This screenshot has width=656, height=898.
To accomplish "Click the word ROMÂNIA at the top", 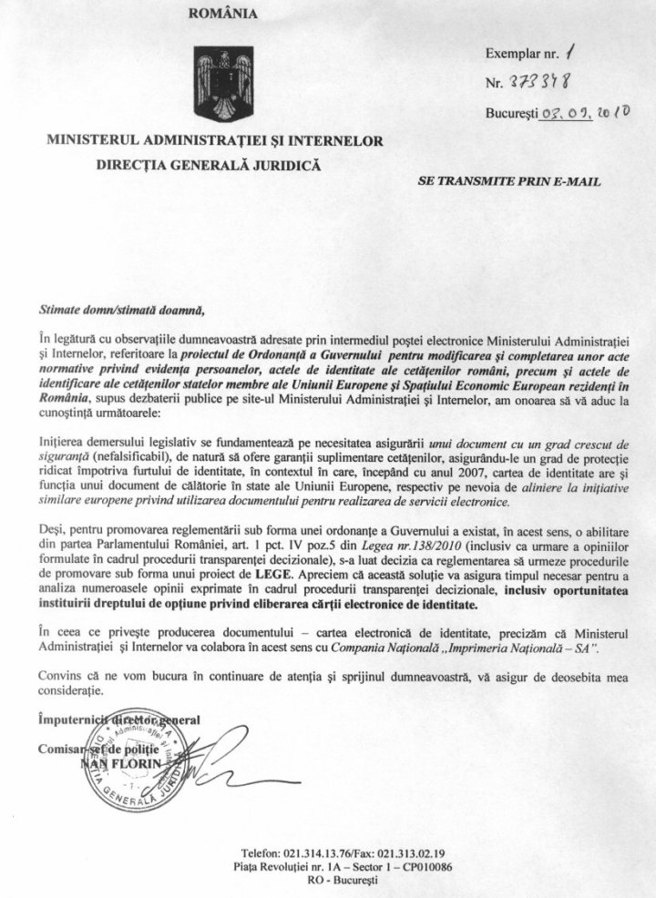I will pos(223,14).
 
